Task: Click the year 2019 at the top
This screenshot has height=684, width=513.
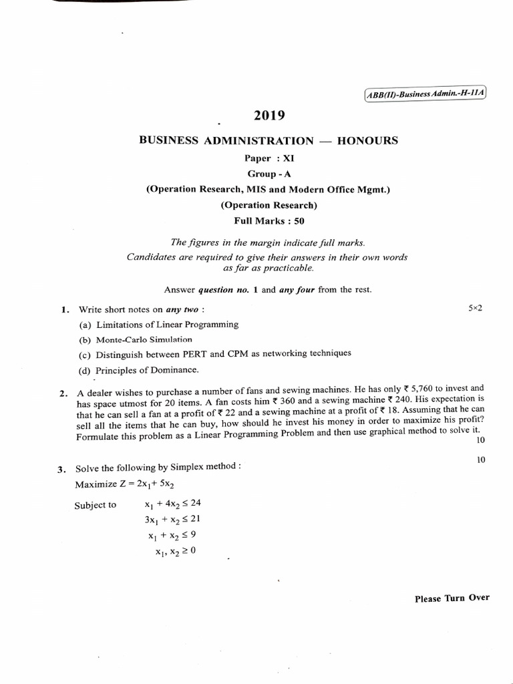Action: [x=269, y=116]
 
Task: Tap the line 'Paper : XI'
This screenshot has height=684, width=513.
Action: [x=269, y=158]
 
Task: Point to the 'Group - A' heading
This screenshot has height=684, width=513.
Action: [x=269, y=174]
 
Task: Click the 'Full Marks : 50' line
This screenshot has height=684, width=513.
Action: [x=269, y=221]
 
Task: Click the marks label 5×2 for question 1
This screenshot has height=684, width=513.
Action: [x=475, y=308]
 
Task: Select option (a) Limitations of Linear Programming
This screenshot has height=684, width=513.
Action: [x=158, y=325]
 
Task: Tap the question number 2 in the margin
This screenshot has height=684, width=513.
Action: [x=62, y=394]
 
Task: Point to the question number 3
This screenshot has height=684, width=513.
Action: [x=61, y=469]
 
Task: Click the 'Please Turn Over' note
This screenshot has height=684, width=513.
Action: [x=452, y=598]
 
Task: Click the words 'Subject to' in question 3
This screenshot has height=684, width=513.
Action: [x=95, y=505]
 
